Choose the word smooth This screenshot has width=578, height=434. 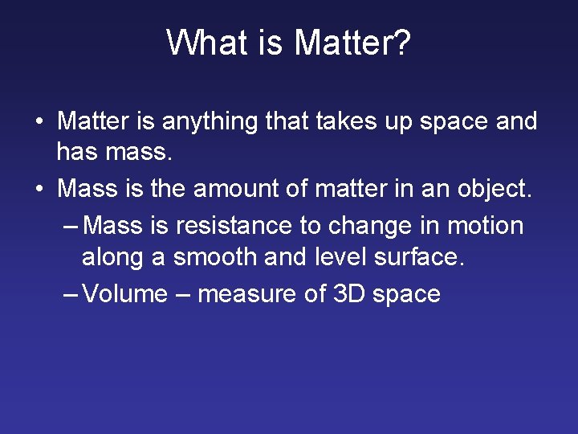click(211, 257)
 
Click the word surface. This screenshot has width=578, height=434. click(420, 257)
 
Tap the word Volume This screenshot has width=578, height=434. click(125, 293)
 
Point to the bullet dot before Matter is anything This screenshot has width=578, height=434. click(39, 123)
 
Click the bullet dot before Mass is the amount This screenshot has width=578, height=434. click(39, 190)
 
